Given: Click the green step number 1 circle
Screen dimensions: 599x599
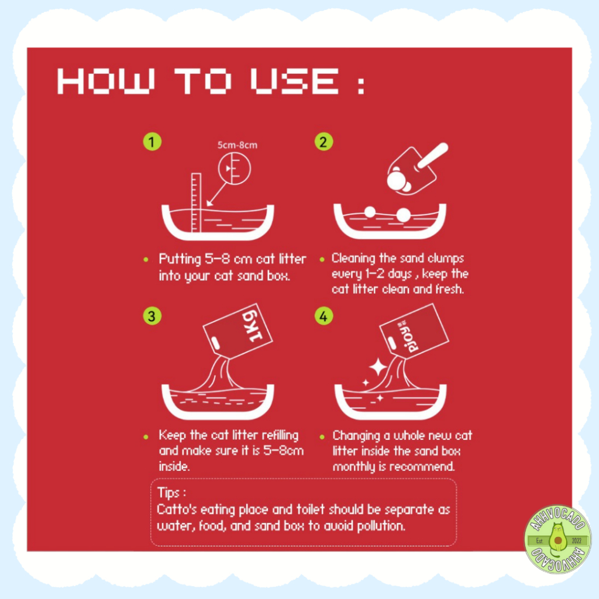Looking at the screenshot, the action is pyautogui.click(x=152, y=142).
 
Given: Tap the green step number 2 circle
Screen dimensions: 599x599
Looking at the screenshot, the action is pyautogui.click(x=323, y=142).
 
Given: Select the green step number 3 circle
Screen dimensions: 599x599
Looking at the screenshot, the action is pyautogui.click(x=152, y=316).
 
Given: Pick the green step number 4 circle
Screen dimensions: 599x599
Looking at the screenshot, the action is pyautogui.click(x=323, y=316).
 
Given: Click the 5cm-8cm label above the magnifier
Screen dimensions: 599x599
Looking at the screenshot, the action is pyautogui.click(x=237, y=145).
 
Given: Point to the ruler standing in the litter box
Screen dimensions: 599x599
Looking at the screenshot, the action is pyautogui.click(x=196, y=202).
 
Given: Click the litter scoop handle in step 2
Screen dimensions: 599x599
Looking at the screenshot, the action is pyautogui.click(x=433, y=155).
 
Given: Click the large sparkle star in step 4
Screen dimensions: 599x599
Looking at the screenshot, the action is pyautogui.click(x=378, y=367).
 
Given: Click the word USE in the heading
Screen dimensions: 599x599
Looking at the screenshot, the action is pyautogui.click(x=294, y=81).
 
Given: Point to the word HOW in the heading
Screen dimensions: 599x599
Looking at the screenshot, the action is pyautogui.click(x=106, y=81).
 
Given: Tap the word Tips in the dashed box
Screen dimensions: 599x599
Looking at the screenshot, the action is pyautogui.click(x=168, y=493).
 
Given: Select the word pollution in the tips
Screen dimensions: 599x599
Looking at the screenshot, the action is pyautogui.click(x=381, y=526).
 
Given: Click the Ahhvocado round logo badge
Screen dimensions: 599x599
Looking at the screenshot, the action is pyautogui.click(x=557, y=539).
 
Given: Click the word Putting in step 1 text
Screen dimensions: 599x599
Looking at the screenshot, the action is pyautogui.click(x=180, y=260).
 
